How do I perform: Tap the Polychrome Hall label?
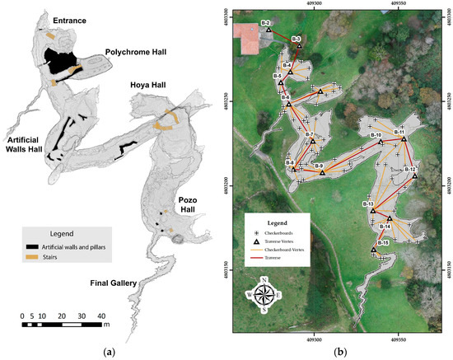(x=136, y=53)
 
